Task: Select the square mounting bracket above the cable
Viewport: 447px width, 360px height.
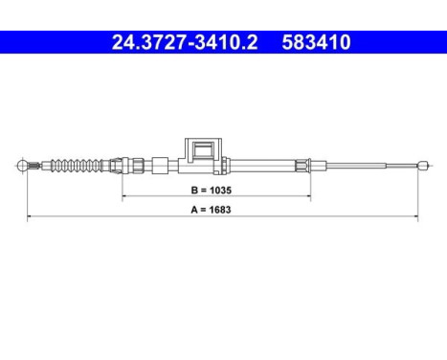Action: click(x=202, y=150)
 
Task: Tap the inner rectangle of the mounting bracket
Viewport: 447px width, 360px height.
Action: click(x=202, y=149)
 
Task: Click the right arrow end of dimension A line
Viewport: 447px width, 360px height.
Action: click(x=417, y=216)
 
